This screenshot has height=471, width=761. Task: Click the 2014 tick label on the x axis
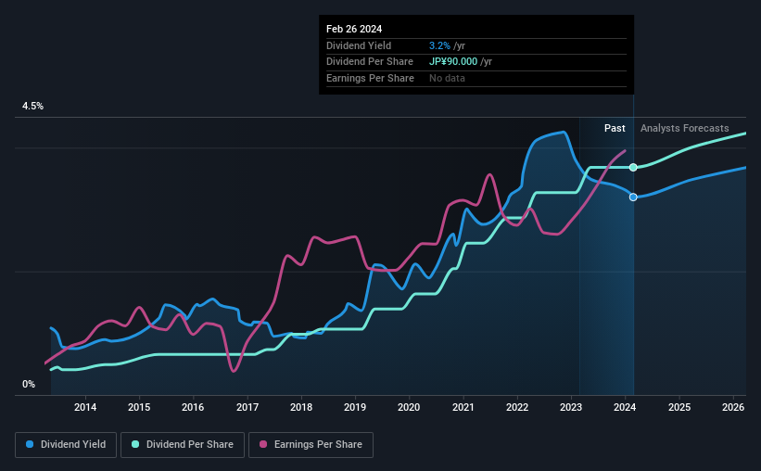point(85,407)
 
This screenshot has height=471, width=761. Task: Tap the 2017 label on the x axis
point(247,407)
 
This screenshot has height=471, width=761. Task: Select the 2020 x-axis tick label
point(409,407)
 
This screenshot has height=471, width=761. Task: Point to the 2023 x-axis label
point(571,407)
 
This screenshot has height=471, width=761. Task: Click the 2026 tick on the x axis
point(732,407)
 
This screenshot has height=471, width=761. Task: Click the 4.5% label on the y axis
point(32,107)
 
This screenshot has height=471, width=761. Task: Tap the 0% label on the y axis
point(29,384)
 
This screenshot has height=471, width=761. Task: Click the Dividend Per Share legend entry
point(188,445)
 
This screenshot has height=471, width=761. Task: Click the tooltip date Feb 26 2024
point(354,29)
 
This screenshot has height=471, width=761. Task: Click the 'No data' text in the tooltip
point(447,78)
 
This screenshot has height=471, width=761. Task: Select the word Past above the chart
point(615,128)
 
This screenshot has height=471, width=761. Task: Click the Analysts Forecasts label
point(684,128)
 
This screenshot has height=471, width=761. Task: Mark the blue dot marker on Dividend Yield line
point(633,197)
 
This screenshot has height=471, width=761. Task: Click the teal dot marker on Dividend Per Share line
point(633,167)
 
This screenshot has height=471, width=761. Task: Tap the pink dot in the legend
point(262,445)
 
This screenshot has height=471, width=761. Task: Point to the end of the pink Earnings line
point(625,151)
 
